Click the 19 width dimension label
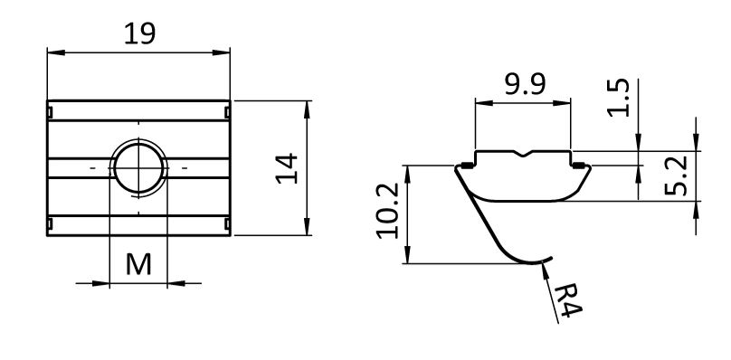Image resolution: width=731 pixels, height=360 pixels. point(139,33)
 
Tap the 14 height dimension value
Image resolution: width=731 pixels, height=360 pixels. point(287,168)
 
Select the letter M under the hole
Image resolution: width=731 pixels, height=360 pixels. point(138,264)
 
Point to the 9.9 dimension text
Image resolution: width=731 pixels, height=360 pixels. point(525,84)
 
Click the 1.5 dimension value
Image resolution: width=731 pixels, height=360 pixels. point(618,98)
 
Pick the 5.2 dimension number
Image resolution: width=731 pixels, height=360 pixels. point(676,175)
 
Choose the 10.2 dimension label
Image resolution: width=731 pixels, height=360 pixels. point(388,211)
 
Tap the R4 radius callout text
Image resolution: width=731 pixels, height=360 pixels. point(568,299)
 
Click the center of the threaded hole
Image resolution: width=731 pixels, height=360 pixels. point(138,168)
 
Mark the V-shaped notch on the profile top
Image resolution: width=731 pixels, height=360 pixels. point(524,153)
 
